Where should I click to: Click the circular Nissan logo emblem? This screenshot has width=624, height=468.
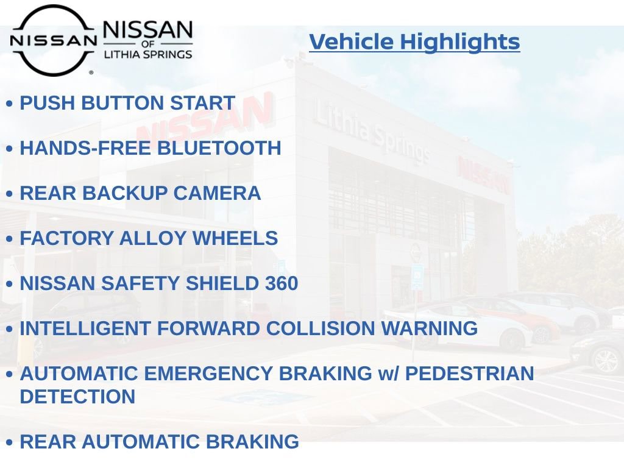pos(53,40)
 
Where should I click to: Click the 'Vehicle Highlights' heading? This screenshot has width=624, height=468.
pos(414,42)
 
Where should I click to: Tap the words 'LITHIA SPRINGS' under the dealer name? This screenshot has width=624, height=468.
pos(147,54)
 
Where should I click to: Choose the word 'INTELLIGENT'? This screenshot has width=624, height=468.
pos(85,329)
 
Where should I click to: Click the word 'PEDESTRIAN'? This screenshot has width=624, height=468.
pos(469,374)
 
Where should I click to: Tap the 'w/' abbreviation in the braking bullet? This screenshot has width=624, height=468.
pos(388,374)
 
